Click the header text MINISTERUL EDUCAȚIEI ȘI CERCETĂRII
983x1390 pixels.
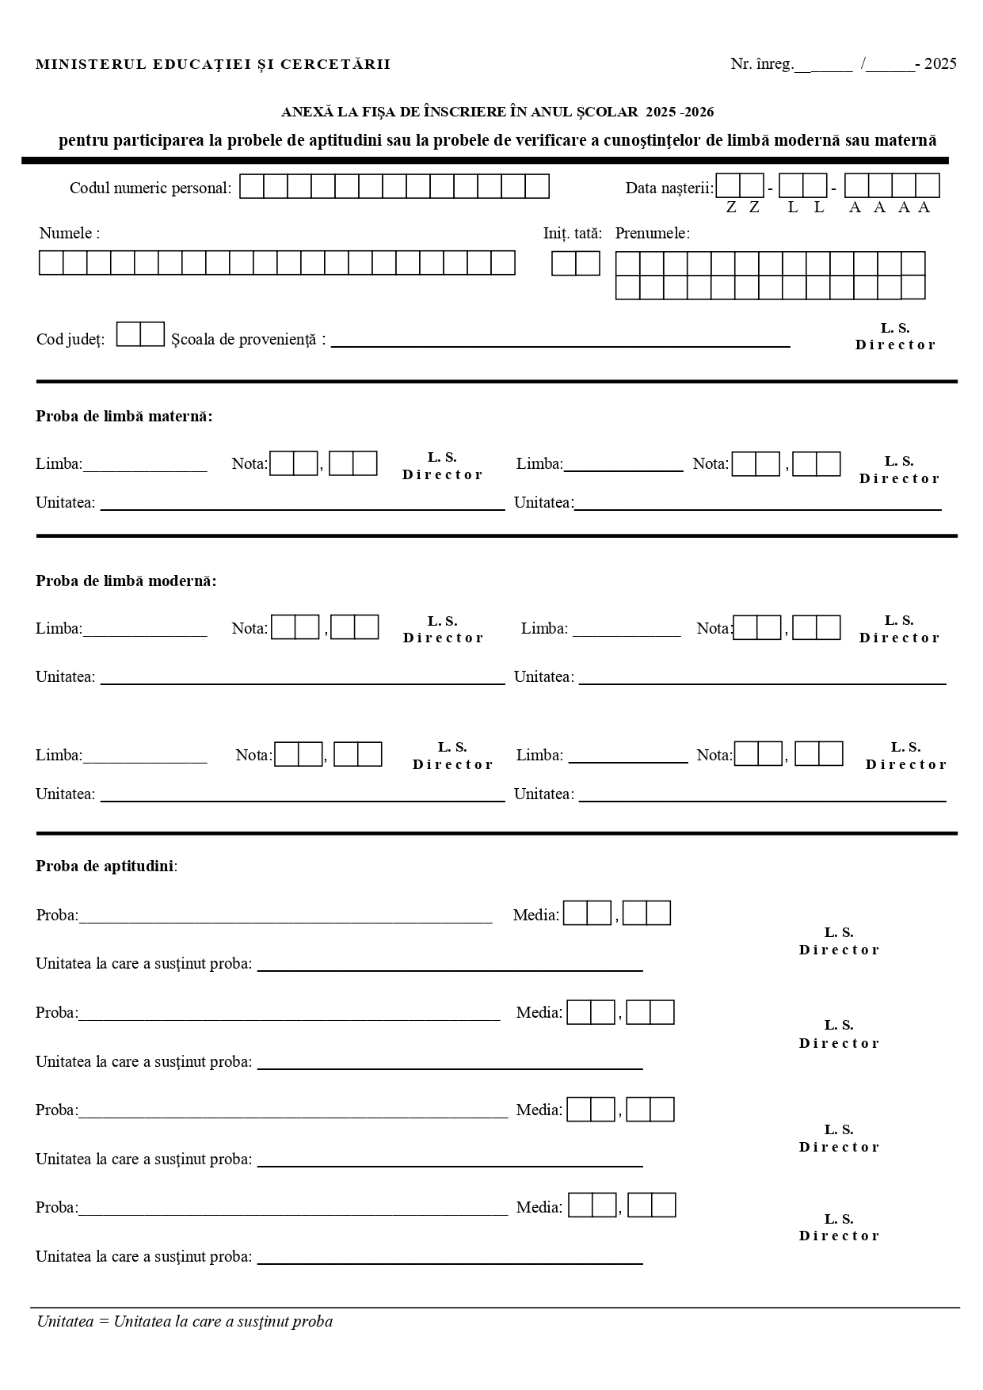pyautogui.click(x=213, y=64)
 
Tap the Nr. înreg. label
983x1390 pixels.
pyautogui.click(x=761, y=64)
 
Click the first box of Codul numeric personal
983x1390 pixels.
pyautogui.click(x=252, y=187)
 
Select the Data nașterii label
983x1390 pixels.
pyautogui.click(x=669, y=189)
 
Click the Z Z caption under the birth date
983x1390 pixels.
pyautogui.click(x=742, y=208)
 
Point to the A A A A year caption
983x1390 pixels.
pyautogui.click(x=889, y=208)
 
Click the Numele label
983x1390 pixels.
pyautogui.click(x=70, y=234)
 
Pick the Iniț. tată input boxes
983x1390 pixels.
pyautogui.click(x=576, y=263)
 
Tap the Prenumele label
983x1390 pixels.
pyautogui.click(x=652, y=234)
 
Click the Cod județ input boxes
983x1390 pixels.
pyautogui.click(x=140, y=334)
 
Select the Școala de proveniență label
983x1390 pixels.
pyautogui.click(x=248, y=340)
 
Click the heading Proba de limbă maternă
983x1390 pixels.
pyautogui.click(x=124, y=417)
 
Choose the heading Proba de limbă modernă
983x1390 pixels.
pyautogui.click(x=126, y=581)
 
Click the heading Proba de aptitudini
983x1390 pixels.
pyautogui.click(x=106, y=866)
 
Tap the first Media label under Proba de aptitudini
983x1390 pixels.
pyautogui.click(x=535, y=916)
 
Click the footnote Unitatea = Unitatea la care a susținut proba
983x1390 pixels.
pyautogui.click(x=185, y=1321)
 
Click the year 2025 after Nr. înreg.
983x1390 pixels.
pyautogui.click(x=940, y=64)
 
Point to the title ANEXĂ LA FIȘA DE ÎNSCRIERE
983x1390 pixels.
pyautogui.click(x=497, y=112)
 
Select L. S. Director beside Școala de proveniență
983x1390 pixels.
pyautogui.click(x=895, y=337)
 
